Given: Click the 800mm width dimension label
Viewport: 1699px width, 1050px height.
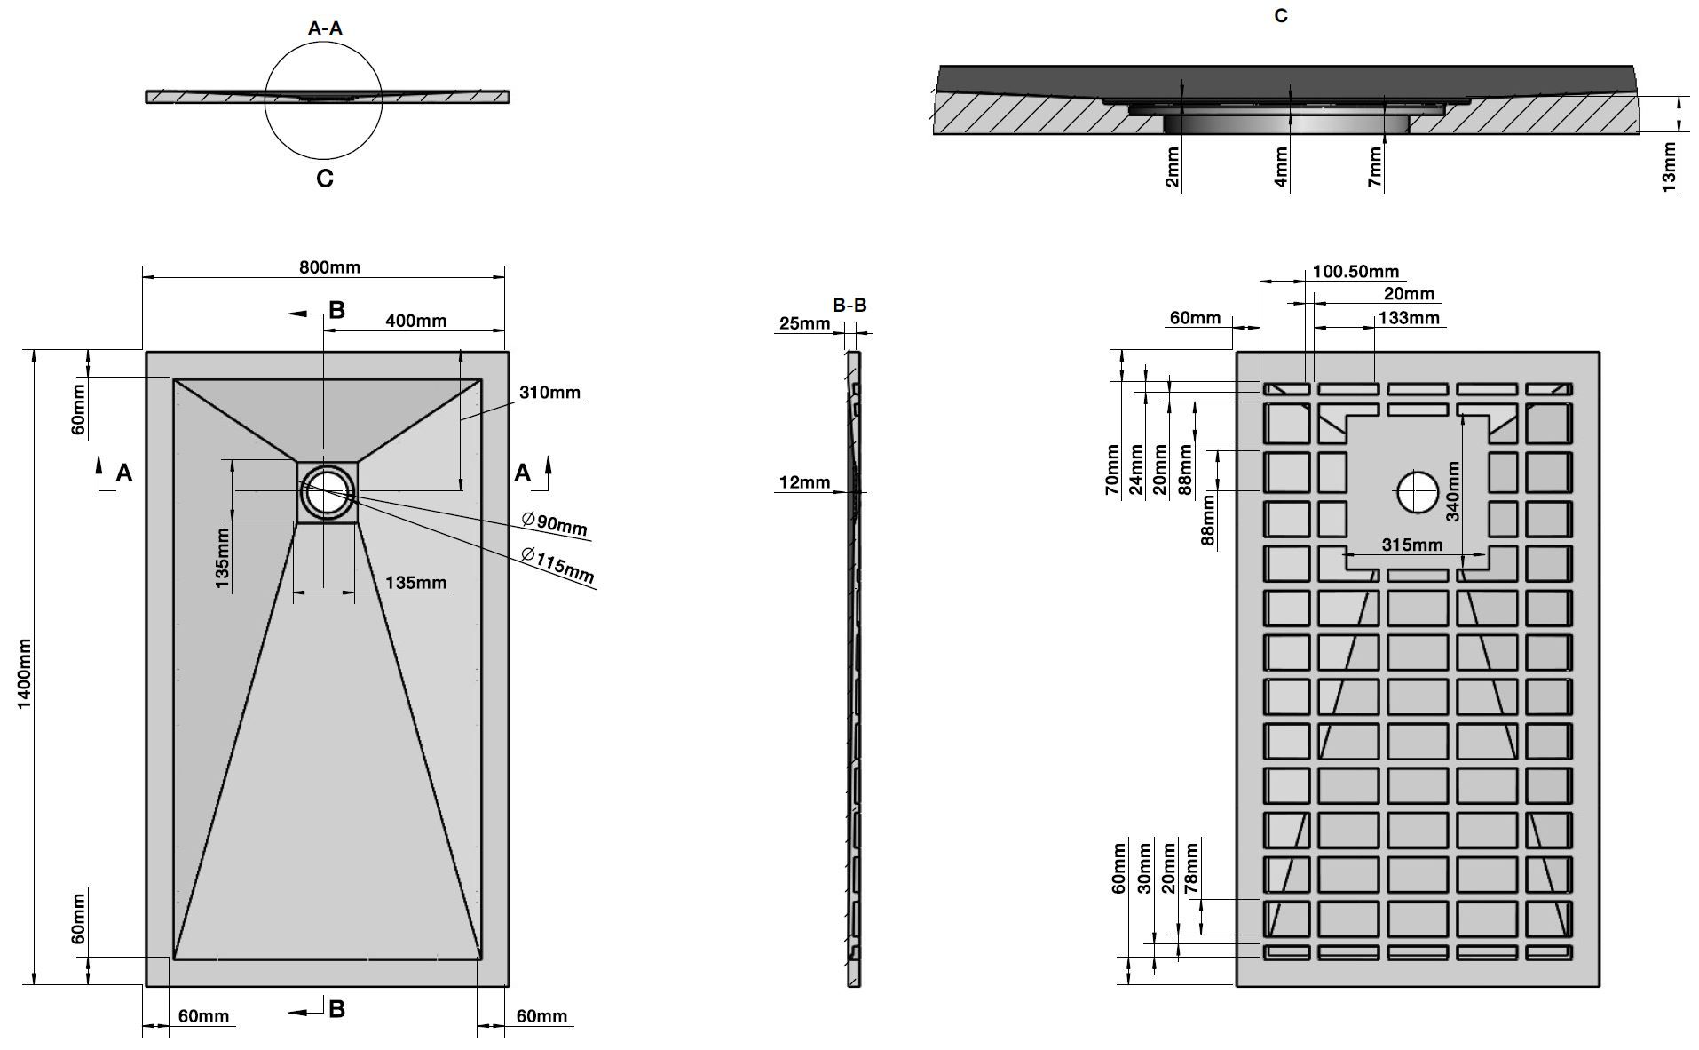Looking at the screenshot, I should tap(328, 267).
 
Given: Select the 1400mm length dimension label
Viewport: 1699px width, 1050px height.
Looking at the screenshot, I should tap(24, 673).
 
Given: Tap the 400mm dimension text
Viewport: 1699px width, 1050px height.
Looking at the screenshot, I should tap(415, 321).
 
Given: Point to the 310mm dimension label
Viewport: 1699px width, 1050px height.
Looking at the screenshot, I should tap(549, 392).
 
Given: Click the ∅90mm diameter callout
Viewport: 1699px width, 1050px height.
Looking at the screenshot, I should tap(555, 522).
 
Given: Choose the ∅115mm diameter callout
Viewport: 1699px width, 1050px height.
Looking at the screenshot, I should tap(557, 565).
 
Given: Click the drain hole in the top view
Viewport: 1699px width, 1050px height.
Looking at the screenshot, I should tap(328, 490).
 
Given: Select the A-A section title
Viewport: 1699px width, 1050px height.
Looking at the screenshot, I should tap(325, 28).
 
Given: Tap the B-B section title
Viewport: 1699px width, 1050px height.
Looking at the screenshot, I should tap(849, 306).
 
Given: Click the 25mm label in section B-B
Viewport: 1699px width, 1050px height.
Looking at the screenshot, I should tap(803, 323).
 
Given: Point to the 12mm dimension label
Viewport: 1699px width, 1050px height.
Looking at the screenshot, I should tap(804, 482).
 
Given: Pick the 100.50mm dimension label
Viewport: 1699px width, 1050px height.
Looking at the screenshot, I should tap(1355, 272).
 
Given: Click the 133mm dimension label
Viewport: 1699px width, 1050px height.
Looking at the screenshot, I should tap(1409, 318).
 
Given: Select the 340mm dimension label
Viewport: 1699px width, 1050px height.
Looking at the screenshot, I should tap(1452, 491).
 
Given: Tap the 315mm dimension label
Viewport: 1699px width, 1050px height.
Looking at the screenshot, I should tap(1412, 545).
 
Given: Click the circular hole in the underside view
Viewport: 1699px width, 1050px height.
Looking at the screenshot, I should tap(1418, 492).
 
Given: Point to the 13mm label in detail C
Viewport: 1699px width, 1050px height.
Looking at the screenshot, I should tap(1669, 167).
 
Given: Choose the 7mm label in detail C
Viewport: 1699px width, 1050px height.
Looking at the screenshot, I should tap(1375, 167).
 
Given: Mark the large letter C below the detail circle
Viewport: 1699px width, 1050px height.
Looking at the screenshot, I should tap(325, 179).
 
